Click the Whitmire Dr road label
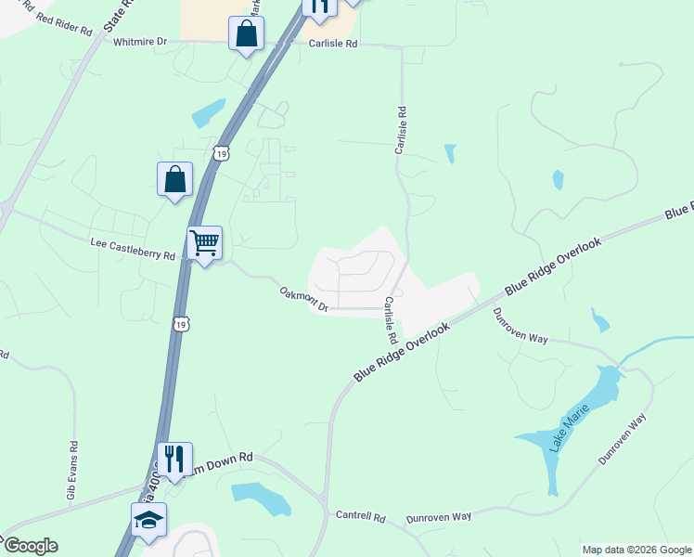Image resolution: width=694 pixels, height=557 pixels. tap(140, 42)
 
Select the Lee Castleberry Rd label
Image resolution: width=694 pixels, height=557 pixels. tap(133, 248)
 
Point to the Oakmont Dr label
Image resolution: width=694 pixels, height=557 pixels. tap(304, 298)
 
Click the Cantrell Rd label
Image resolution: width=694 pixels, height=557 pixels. tap(360, 515)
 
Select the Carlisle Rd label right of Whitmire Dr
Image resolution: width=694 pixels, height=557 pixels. tap(326, 43)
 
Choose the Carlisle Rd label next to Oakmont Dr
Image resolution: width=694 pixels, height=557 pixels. tap(391, 318)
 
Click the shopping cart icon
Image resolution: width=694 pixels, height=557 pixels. tap(204, 243)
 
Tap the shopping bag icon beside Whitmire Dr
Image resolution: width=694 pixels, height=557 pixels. tap(248, 34)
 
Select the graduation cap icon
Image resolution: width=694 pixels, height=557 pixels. tap(148, 520)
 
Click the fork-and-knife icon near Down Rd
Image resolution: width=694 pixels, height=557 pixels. tap(173, 458)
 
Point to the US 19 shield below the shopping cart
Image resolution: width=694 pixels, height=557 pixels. tap(182, 323)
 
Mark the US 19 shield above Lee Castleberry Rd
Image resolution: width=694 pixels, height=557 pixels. tap(219, 152)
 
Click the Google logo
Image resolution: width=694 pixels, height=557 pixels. tap(30, 546)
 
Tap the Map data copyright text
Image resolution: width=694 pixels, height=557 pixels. tap(636, 550)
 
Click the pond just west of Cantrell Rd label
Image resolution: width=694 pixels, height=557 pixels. tap(262, 498)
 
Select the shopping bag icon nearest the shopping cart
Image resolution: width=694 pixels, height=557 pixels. tap(174, 179)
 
